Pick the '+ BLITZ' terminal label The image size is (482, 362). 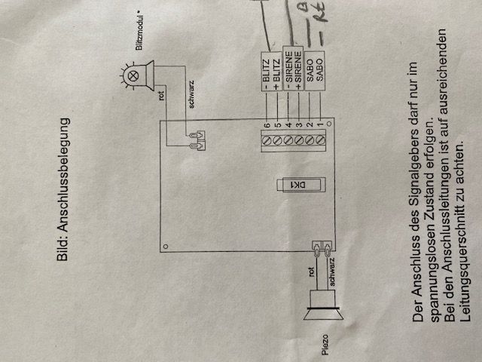pyautogui.click(x=278, y=81)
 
